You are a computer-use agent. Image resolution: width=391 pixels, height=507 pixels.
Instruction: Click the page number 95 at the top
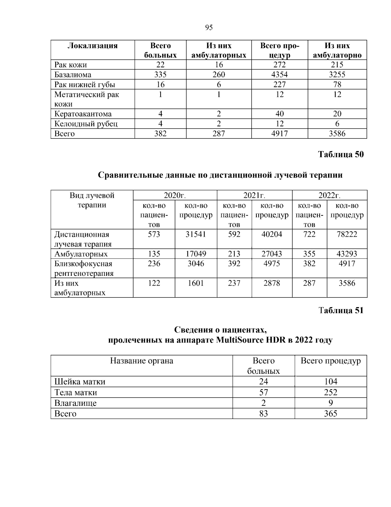click(209, 27)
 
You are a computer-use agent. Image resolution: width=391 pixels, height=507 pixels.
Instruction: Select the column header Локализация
click(93, 46)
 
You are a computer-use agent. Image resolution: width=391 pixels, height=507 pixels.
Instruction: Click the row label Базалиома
click(73, 75)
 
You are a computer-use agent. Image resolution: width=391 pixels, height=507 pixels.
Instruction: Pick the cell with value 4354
click(279, 75)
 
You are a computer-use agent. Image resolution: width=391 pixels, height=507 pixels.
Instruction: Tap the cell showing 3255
click(337, 75)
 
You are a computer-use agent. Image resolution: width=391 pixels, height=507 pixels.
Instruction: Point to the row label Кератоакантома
click(83, 114)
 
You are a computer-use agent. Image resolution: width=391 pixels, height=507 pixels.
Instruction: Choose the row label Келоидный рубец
click(86, 124)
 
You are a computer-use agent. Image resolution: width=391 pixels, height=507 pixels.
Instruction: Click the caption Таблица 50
click(340, 154)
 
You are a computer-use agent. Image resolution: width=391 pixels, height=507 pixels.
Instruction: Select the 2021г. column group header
click(254, 196)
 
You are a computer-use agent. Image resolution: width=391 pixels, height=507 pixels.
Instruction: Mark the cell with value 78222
click(347, 234)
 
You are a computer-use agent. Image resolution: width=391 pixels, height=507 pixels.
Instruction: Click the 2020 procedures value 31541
click(196, 234)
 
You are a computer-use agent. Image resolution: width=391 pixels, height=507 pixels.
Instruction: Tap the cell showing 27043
click(272, 254)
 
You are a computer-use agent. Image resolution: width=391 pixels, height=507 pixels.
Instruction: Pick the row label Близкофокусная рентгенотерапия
click(83, 268)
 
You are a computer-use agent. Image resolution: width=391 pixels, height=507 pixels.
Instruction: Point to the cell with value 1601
click(196, 283)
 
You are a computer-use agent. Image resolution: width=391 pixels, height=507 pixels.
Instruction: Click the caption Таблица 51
click(340, 310)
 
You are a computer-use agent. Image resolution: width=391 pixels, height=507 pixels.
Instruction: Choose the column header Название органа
click(141, 361)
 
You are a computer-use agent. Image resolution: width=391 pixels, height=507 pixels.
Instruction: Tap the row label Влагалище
click(75, 403)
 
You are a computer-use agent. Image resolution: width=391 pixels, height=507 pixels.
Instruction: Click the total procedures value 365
click(330, 414)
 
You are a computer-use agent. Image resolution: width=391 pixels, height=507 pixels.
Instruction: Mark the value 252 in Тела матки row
click(330, 392)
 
